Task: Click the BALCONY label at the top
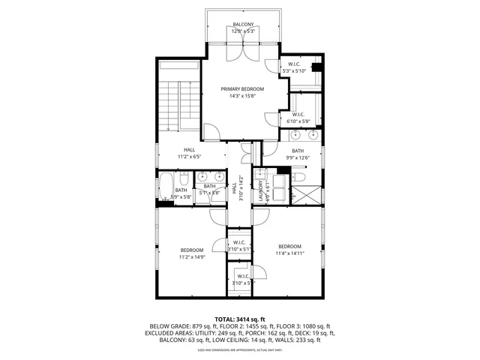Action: [x=242, y=25]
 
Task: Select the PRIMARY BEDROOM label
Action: [x=242, y=89]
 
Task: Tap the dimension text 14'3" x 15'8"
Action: [x=242, y=96]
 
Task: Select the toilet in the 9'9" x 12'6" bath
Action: [x=297, y=176]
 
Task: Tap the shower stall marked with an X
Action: [x=307, y=194]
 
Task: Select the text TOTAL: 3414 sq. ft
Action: [x=239, y=319]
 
